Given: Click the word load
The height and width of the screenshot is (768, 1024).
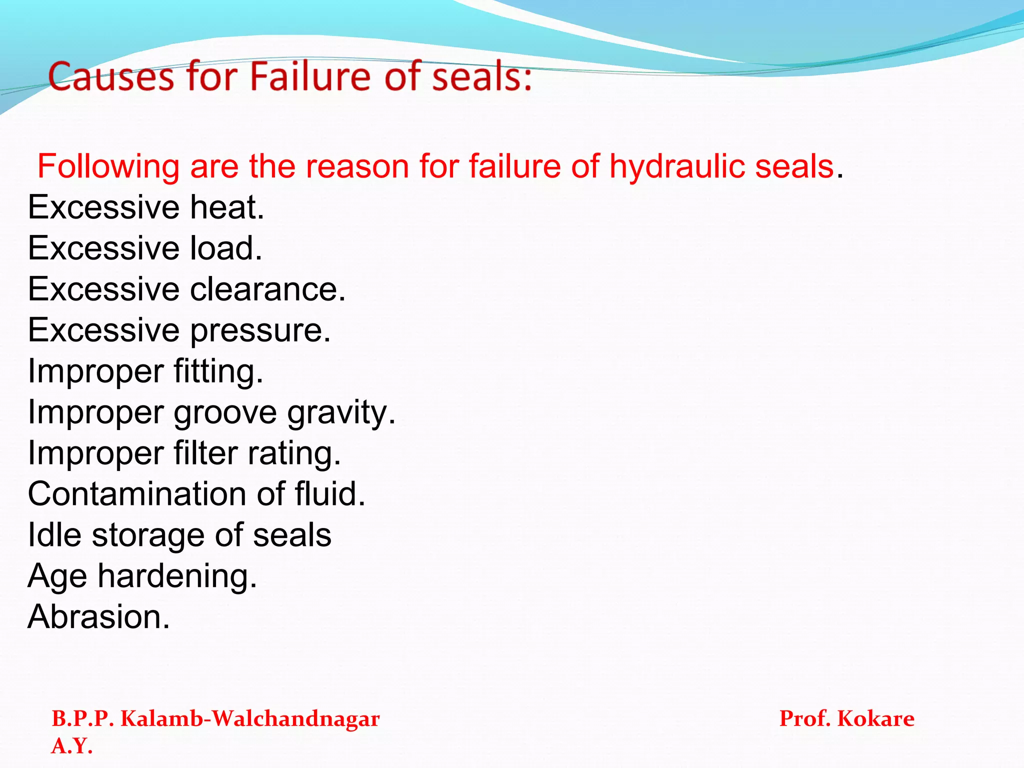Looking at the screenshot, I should [x=225, y=248].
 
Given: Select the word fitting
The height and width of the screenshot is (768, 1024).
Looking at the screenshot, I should [x=218, y=371].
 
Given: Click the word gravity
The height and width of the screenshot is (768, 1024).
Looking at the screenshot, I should [x=341, y=412].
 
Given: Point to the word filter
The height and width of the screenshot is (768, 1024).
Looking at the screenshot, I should [x=205, y=453].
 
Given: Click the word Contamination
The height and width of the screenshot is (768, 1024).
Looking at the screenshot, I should [x=137, y=494].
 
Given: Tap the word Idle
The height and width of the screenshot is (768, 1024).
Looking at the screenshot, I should [x=54, y=535].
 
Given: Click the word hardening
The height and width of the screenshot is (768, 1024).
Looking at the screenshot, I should [x=177, y=576].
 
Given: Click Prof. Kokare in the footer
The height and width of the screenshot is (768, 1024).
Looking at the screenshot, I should [x=846, y=719].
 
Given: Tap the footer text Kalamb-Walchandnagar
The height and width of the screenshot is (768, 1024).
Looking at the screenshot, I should [x=250, y=719].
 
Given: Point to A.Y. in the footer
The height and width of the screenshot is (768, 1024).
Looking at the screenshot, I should [x=72, y=746].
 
